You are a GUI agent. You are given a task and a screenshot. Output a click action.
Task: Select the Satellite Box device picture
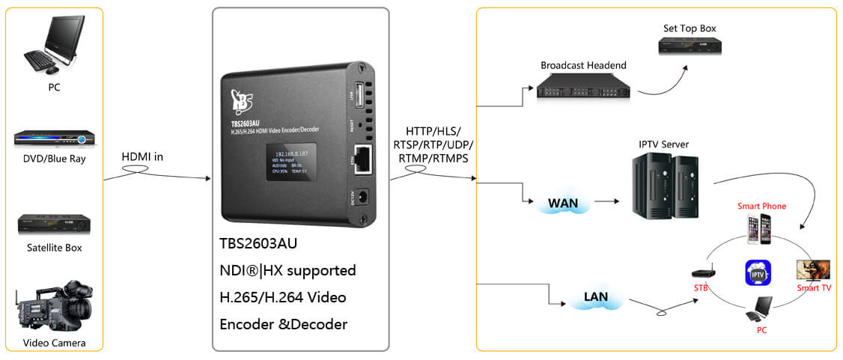click(54, 224)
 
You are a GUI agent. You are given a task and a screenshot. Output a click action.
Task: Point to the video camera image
click(53, 307)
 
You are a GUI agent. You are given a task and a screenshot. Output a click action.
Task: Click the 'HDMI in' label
click(142, 157)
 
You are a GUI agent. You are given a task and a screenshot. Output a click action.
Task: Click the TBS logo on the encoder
click(242, 98)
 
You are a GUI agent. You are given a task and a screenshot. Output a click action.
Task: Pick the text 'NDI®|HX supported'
click(287, 270)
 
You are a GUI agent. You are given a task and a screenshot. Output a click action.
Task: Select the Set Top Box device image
click(690, 46)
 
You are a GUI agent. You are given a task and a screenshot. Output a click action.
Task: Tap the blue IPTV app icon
click(758, 270)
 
